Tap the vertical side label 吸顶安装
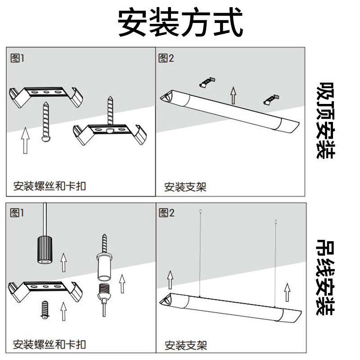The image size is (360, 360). point(325,120)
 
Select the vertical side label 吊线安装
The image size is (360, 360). point(325,276)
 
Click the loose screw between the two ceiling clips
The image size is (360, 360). point(46,121)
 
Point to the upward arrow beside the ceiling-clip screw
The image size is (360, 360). point(26,139)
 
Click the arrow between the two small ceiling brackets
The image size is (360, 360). point(233,95)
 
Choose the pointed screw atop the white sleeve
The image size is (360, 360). point(104,243)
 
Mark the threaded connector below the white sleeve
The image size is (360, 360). point(104,292)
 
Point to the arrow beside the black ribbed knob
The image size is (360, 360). point(64,262)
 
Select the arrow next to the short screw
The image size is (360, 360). point(64,310)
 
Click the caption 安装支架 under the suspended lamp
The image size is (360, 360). point(186,346)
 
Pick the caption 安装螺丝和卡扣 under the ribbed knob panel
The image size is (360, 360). point(49,345)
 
